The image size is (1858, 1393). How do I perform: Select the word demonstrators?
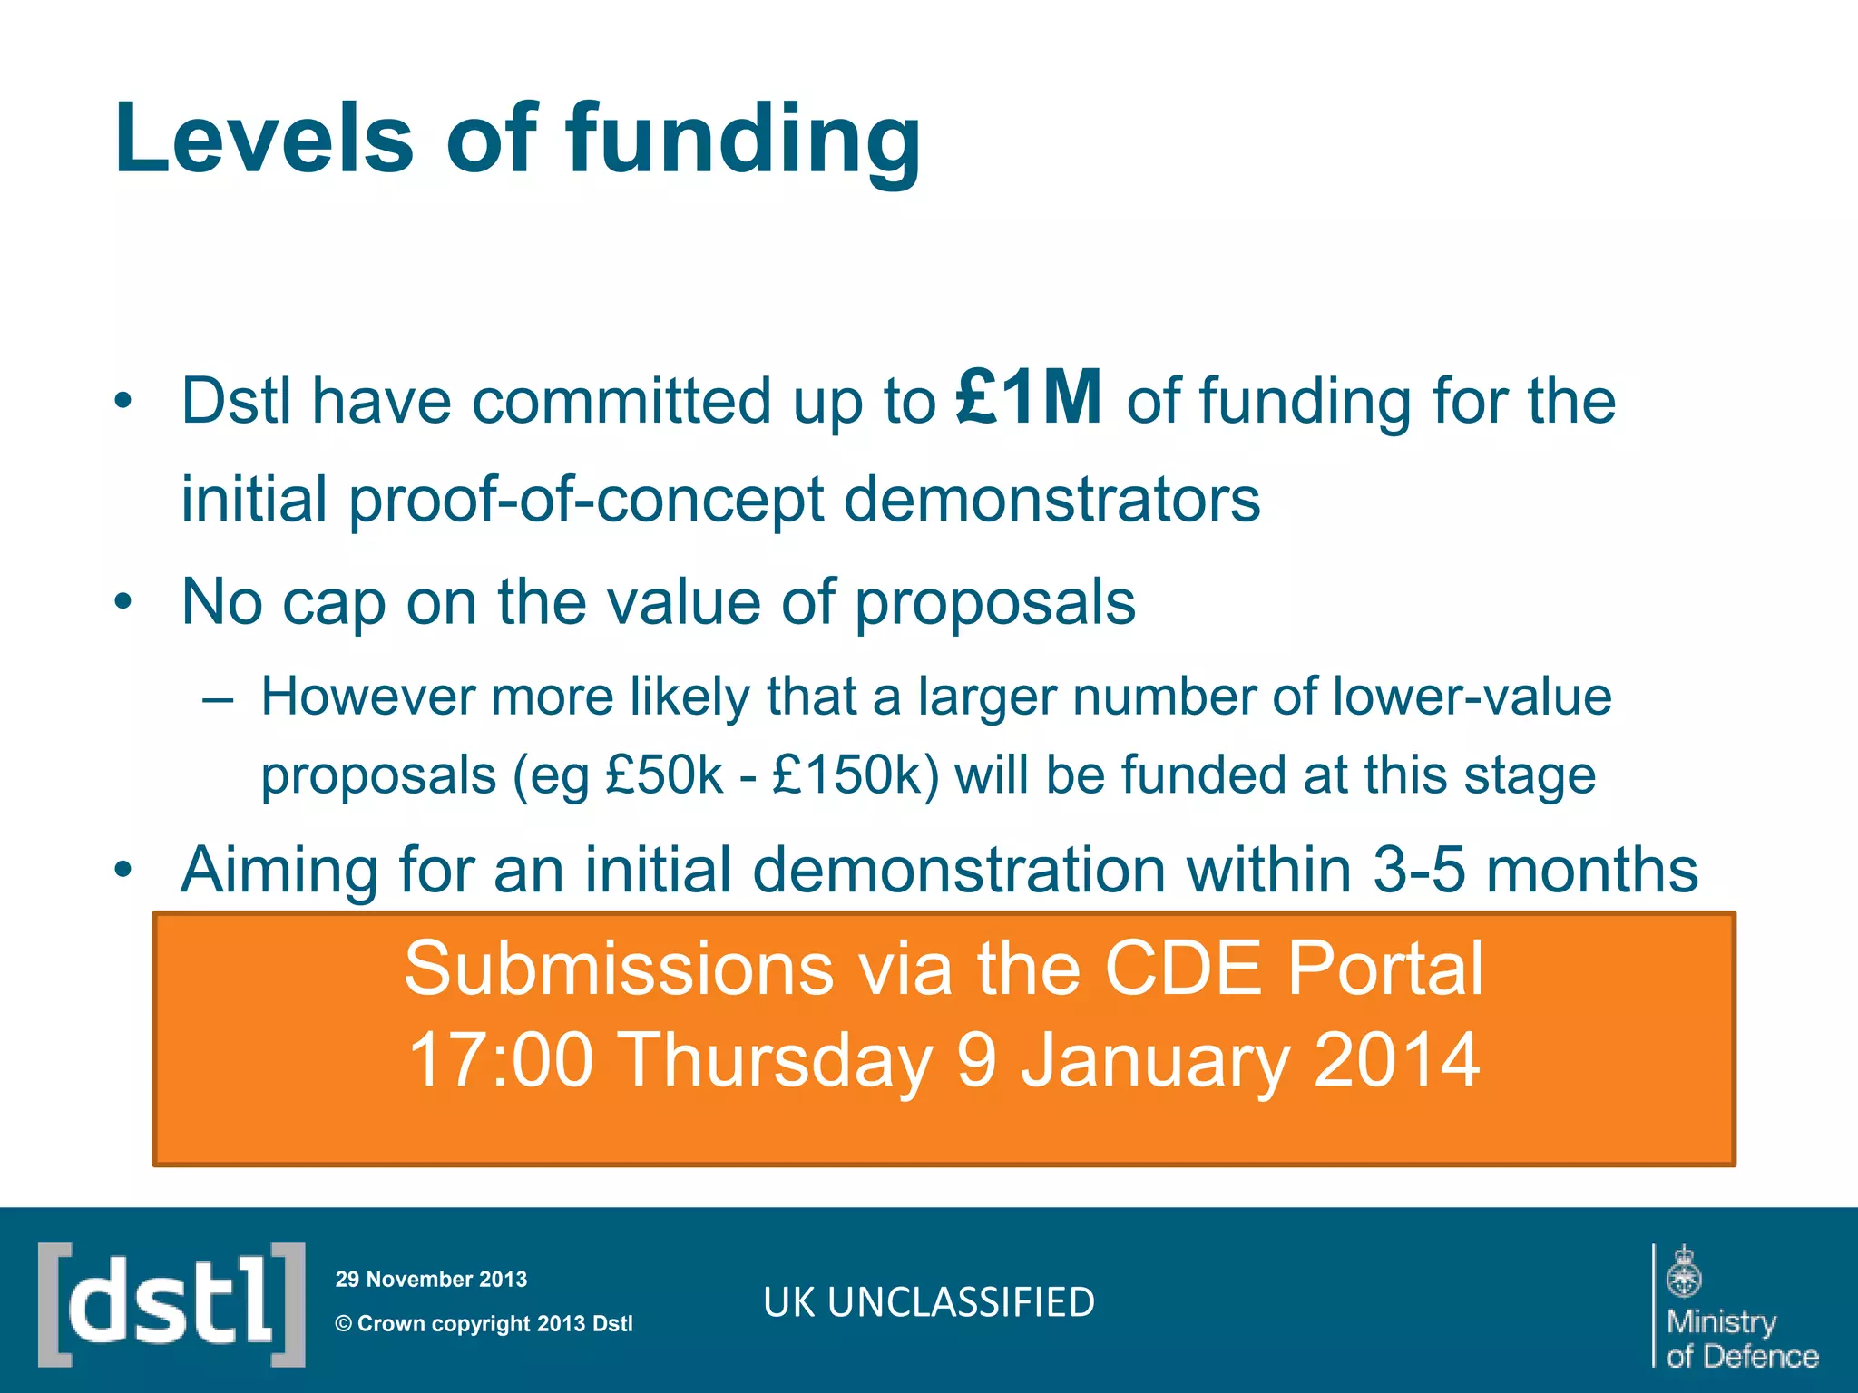click(1051, 500)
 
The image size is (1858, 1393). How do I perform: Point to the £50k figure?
click(664, 776)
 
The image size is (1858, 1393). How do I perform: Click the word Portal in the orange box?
click(1384, 969)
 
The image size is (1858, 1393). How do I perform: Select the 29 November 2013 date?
click(431, 1279)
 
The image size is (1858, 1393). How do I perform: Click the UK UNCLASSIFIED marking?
click(929, 1302)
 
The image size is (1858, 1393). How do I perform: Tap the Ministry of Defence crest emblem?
click(1684, 1271)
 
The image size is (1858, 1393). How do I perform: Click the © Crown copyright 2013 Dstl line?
click(484, 1323)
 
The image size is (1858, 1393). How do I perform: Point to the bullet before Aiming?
click(123, 870)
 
